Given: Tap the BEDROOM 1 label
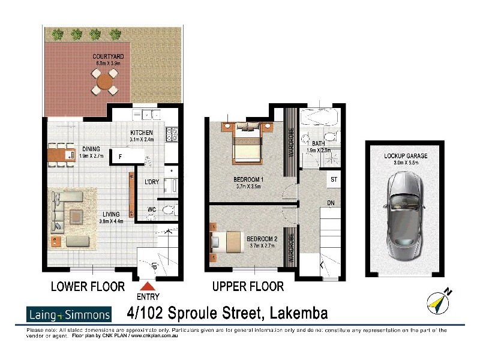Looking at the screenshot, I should tap(248, 179).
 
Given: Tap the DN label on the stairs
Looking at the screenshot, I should tap(331, 203).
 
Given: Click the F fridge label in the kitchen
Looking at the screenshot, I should tap(120, 157).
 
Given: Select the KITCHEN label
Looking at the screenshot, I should tap(142, 133).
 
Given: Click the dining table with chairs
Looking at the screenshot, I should tap(61, 155).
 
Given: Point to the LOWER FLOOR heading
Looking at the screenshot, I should tap(88, 287).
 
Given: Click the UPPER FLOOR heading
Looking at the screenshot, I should tap(248, 287).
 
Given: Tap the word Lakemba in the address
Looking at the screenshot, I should tap(299, 313).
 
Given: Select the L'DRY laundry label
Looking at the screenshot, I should tap(151, 182).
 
